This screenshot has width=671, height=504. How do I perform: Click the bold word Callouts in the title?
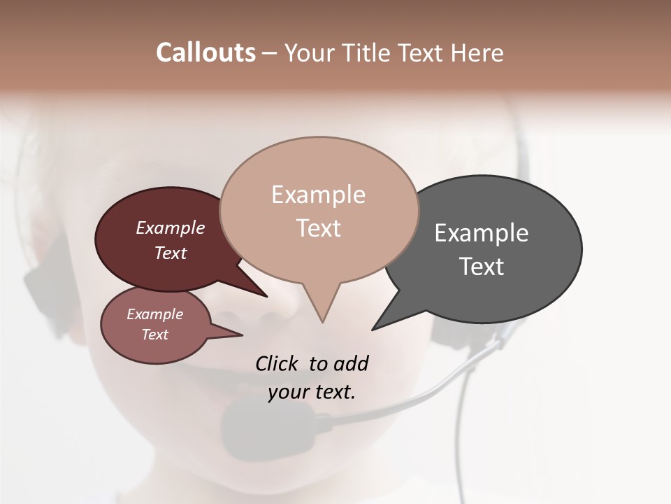(205, 52)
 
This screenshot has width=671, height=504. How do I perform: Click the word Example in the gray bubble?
(482, 233)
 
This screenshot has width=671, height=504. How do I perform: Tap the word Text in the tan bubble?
(319, 228)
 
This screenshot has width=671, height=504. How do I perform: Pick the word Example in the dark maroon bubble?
(171, 228)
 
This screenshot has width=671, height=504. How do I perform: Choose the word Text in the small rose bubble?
(155, 335)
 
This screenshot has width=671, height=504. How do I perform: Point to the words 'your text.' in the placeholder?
(312, 392)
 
